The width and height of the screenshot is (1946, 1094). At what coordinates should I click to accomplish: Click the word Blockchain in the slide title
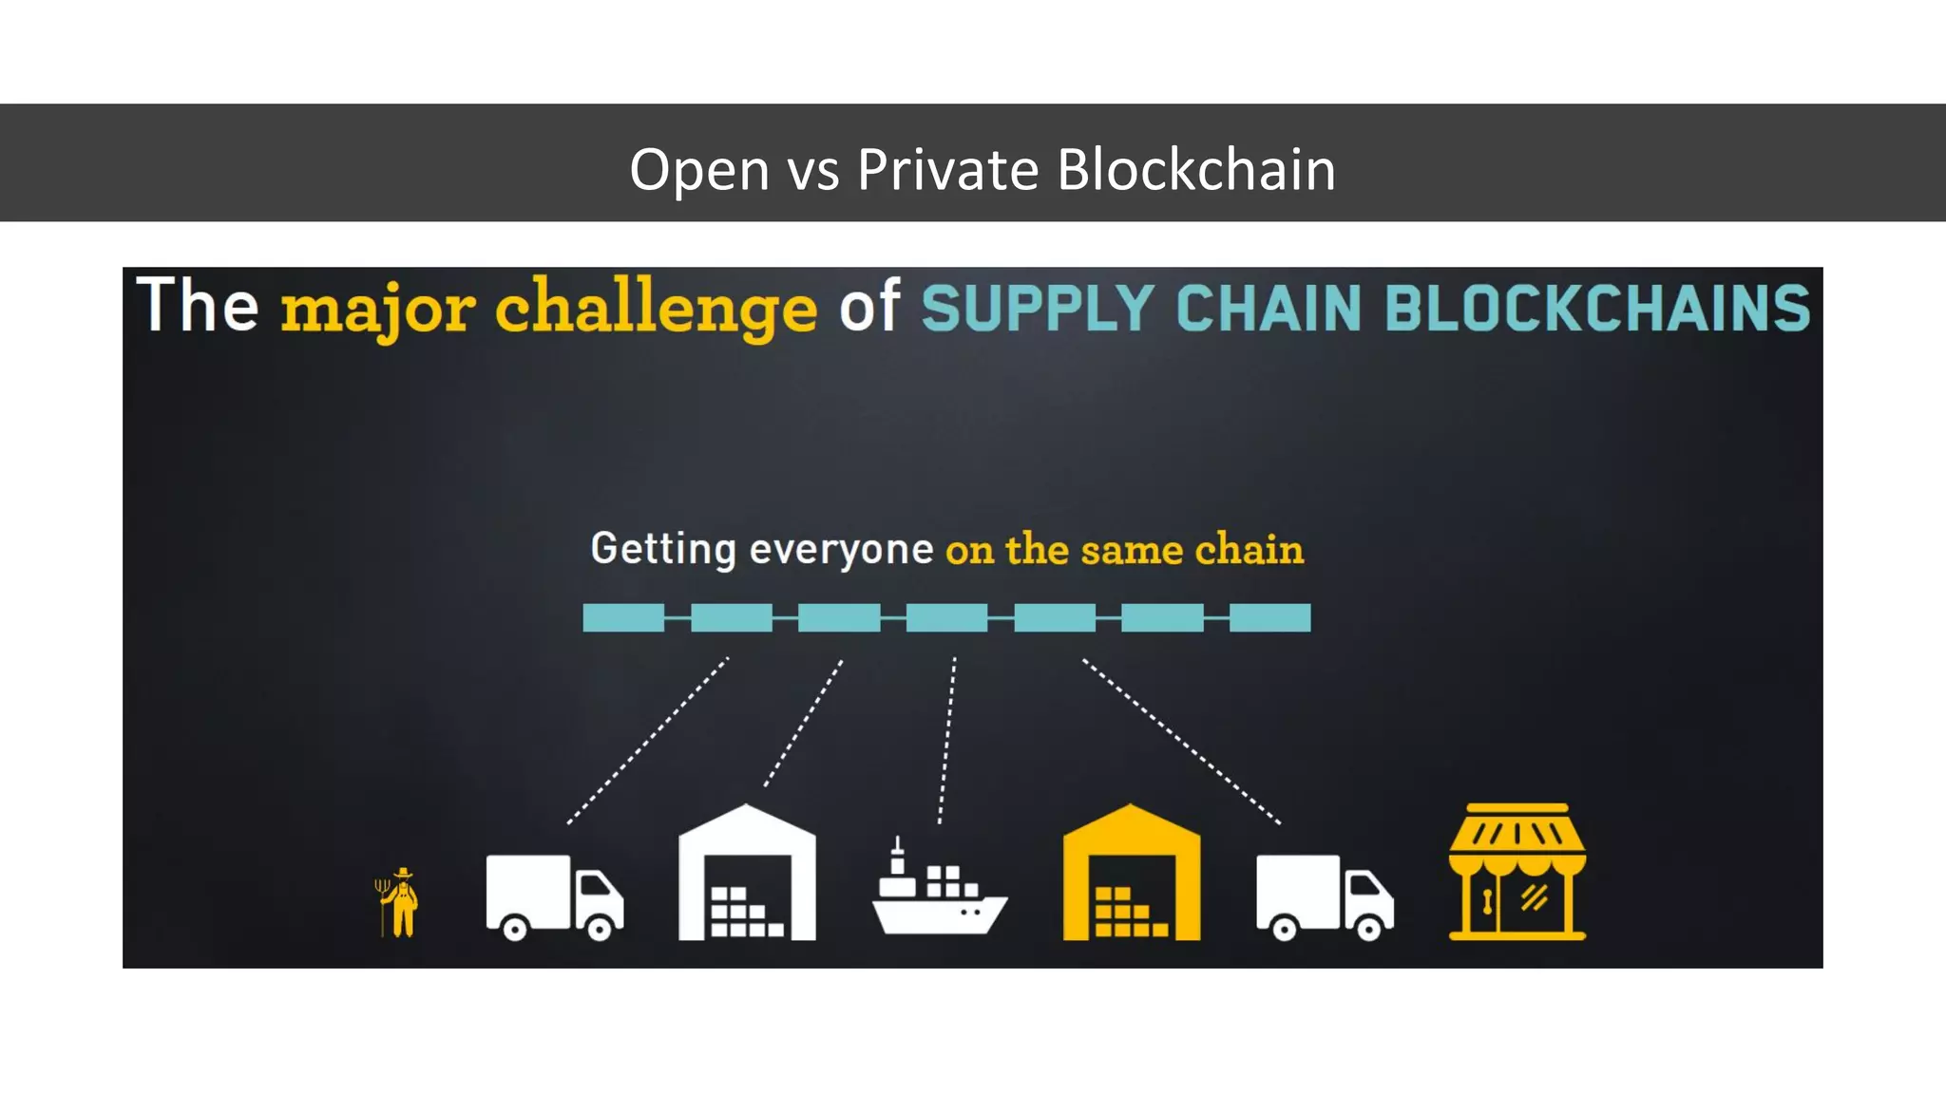click(x=1195, y=170)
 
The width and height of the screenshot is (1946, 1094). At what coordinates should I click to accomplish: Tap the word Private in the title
click(x=947, y=170)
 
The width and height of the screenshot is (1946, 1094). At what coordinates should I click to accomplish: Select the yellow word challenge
click(x=656, y=310)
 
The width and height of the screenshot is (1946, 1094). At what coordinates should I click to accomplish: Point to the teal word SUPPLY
click(x=1037, y=309)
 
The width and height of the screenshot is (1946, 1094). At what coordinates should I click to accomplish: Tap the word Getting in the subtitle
click(x=662, y=549)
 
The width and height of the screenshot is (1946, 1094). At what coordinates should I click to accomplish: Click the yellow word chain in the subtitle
click(x=1249, y=550)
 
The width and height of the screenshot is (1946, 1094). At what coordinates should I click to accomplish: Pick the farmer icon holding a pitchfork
click(x=399, y=902)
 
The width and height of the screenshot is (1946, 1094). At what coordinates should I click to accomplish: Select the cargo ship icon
click(x=938, y=893)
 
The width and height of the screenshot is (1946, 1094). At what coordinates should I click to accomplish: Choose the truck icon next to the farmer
click(x=554, y=896)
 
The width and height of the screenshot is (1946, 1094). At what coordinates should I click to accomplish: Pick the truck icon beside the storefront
click(x=1325, y=896)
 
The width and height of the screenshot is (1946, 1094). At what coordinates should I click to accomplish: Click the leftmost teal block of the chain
click(x=622, y=618)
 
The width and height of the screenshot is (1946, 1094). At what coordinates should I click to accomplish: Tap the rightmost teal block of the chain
click(x=1269, y=618)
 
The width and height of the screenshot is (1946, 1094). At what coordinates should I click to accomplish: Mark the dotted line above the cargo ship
click(x=947, y=741)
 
